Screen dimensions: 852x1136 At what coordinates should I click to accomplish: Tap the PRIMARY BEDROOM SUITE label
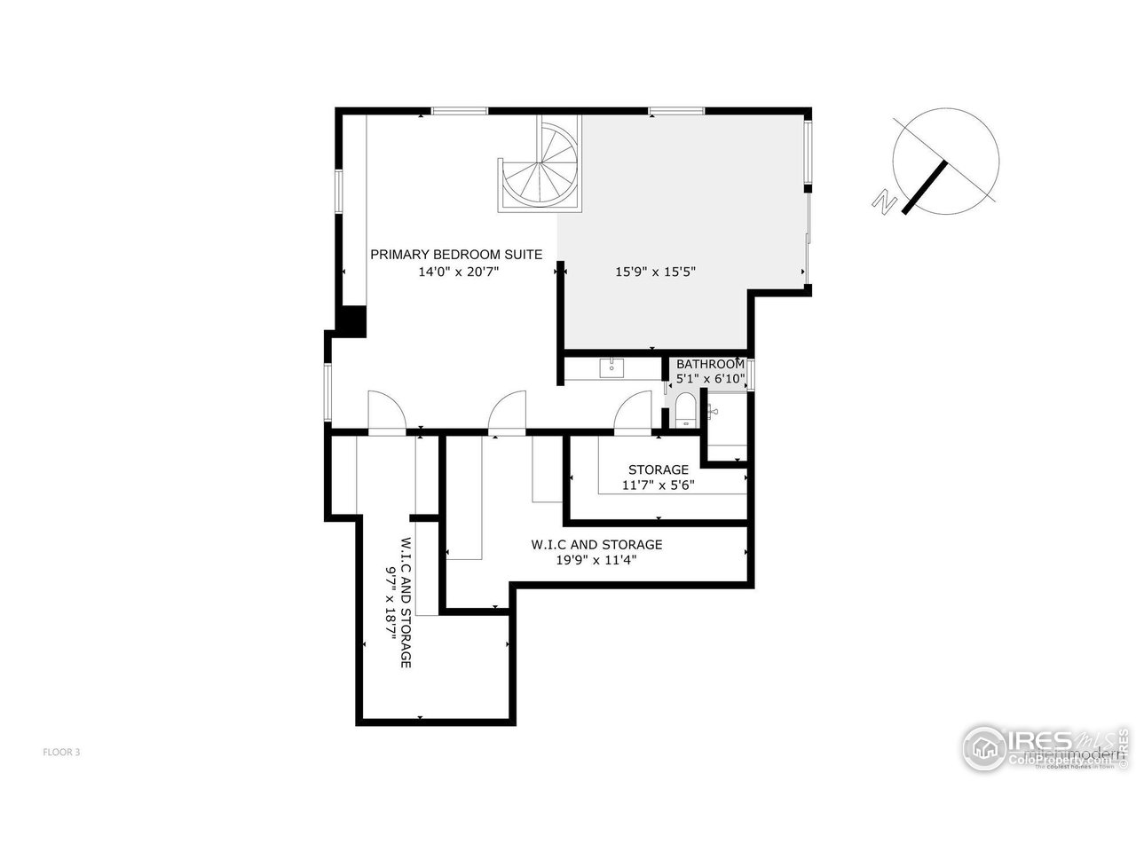click(x=455, y=255)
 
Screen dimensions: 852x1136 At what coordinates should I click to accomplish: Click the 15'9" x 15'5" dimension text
click(x=655, y=272)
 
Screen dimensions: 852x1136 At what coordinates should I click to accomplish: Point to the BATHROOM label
click(x=710, y=364)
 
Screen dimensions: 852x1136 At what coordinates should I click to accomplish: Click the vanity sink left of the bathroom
click(x=611, y=367)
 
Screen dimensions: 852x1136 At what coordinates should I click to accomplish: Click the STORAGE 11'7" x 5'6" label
click(x=658, y=477)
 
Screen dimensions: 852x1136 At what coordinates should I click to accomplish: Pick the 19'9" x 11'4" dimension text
click(x=596, y=560)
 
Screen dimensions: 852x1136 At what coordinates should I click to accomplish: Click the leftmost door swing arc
click(x=387, y=412)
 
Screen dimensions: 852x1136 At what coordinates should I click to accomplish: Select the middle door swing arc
click(x=508, y=413)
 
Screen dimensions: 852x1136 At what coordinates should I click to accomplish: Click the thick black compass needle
click(x=926, y=186)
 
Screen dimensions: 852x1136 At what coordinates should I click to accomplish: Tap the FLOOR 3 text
click(x=62, y=752)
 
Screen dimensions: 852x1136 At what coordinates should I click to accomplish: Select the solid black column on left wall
click(x=353, y=320)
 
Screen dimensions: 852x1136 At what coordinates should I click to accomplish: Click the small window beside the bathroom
click(x=751, y=375)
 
